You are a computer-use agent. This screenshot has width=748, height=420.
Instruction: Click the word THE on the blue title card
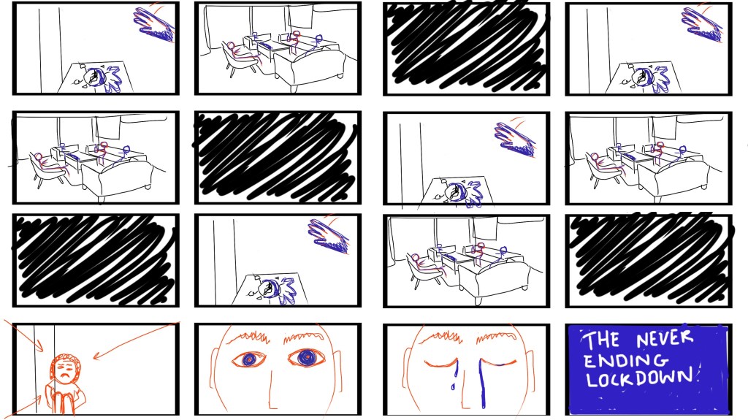[x=602, y=340]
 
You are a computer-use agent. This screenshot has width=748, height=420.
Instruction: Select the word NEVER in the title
[x=665, y=338]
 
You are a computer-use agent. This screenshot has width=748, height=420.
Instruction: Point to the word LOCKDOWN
[x=639, y=378]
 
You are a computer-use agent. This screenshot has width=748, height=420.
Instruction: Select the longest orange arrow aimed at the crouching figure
[x=137, y=340]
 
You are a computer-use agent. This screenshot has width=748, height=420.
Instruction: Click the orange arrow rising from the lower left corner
[x=23, y=407]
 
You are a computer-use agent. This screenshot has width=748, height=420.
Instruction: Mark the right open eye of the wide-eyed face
[x=306, y=357]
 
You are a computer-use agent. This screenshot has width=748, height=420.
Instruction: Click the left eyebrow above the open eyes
[x=248, y=337]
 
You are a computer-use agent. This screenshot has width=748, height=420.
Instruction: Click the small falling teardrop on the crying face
[x=453, y=386]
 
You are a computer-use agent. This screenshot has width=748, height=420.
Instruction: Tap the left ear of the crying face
[x=406, y=370]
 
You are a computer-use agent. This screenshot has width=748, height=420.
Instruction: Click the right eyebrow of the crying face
[x=497, y=337]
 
